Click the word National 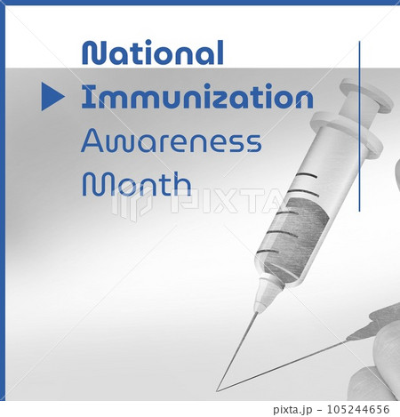pos(152,52)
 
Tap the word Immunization pos(196,97)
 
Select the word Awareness pos(171,140)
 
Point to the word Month pos(136,183)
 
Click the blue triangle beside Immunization pos(52,97)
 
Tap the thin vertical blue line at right pos(359,124)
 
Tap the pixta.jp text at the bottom pos(298,409)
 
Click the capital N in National pos(92,52)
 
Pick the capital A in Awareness pos(93,140)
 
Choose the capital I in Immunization pos(86,97)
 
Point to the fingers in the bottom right pos(378,356)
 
